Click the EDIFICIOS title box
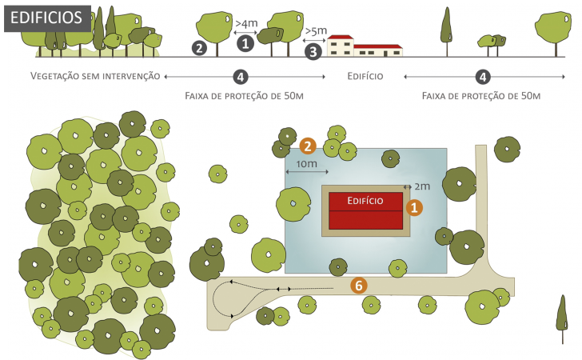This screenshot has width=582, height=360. [x=47, y=18]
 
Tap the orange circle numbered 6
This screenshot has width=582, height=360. [x=358, y=286]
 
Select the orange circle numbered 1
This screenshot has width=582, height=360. [x=414, y=208]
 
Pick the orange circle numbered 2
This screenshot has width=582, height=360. [x=308, y=146]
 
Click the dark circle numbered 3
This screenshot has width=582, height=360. [x=313, y=51]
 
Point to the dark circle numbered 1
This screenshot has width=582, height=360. [x=245, y=43]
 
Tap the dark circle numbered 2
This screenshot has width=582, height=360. [x=199, y=48]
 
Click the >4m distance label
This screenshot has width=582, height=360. [x=246, y=23]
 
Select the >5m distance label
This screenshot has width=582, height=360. [x=316, y=30]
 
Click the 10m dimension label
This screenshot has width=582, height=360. [x=307, y=163]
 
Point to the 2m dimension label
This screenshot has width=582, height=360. [x=422, y=186]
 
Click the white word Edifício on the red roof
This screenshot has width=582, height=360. [x=365, y=201]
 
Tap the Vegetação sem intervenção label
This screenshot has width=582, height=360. [x=95, y=76]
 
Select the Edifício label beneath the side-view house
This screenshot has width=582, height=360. [x=365, y=76]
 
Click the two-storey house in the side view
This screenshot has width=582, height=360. [x=341, y=46]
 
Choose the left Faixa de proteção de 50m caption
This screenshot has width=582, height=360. [x=245, y=96]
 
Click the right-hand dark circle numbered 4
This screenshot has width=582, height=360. [x=483, y=77]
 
